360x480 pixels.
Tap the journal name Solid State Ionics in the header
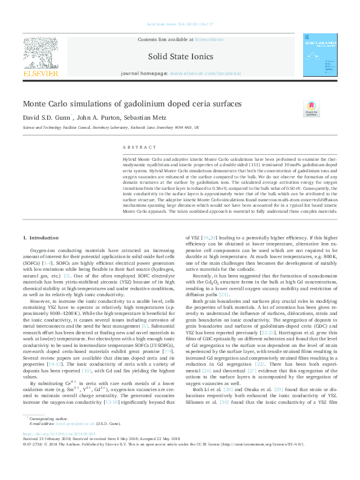click(180, 57)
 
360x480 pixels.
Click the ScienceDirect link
click(209, 39)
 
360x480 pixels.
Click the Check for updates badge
click(311, 109)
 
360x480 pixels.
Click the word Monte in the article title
click(36, 104)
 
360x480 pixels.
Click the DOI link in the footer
click(59, 451)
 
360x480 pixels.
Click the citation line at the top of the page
click(180, 25)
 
